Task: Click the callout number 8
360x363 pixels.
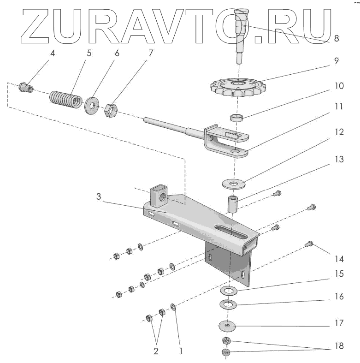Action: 336,39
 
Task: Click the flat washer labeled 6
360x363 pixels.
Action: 92,106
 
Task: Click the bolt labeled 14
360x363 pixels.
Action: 309,242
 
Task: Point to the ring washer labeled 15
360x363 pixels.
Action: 229,291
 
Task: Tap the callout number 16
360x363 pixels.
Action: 338,297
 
